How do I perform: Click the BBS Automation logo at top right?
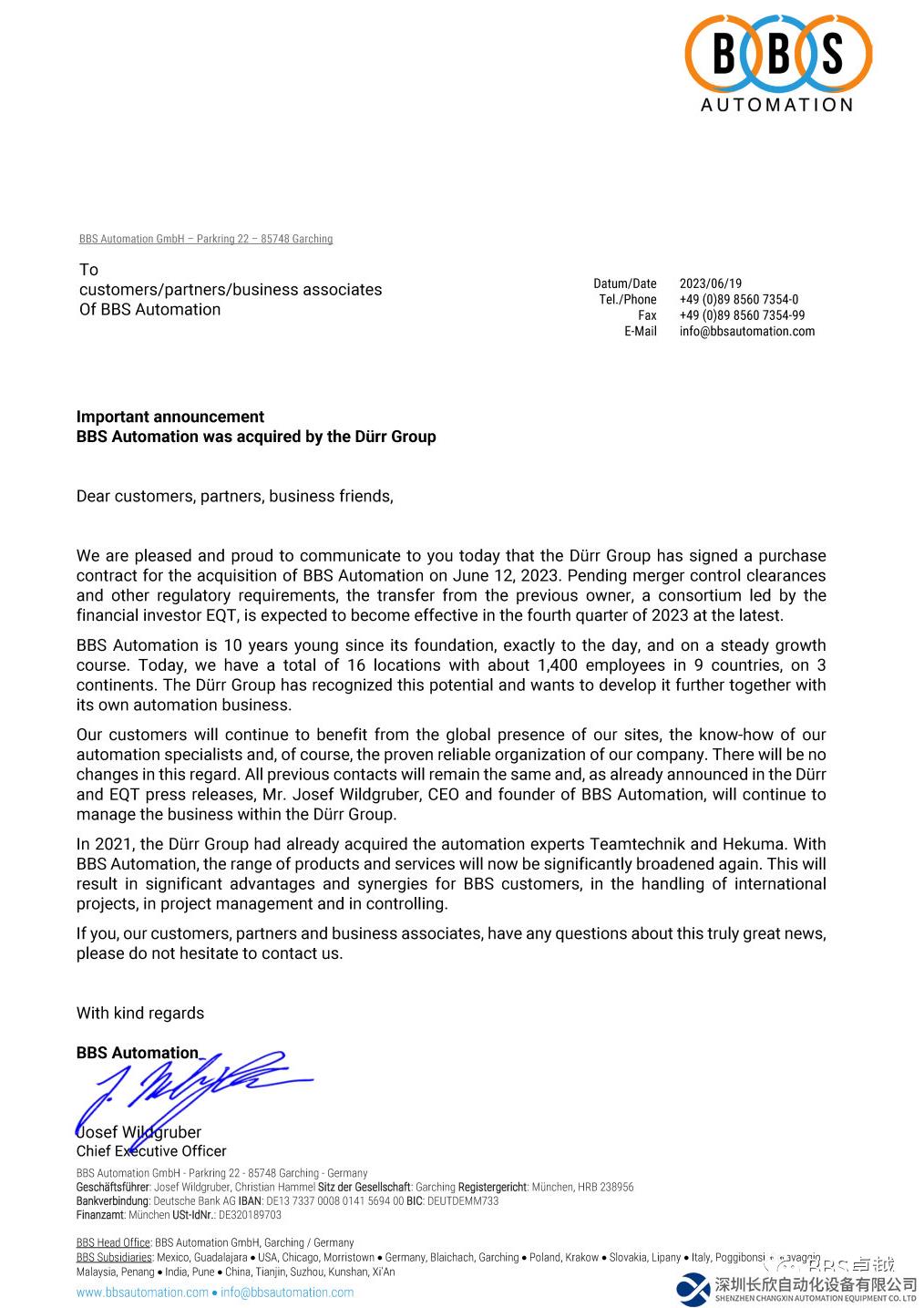[x=777, y=62]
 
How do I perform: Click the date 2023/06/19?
[x=710, y=283]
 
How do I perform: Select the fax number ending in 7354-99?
[x=742, y=315]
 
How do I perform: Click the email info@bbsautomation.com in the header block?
[x=746, y=332]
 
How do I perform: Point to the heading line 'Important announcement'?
[x=170, y=417]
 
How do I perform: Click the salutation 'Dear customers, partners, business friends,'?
[x=234, y=497]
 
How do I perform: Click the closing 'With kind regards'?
[x=140, y=1014]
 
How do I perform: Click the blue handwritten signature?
[x=191, y=1089]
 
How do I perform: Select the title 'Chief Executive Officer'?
[x=151, y=1151]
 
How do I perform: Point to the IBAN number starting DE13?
[x=334, y=1201]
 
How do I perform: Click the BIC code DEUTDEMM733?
[x=463, y=1201]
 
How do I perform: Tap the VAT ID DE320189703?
[x=250, y=1215]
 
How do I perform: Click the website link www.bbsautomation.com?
[x=142, y=1293]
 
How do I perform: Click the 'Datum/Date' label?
[x=624, y=283]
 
